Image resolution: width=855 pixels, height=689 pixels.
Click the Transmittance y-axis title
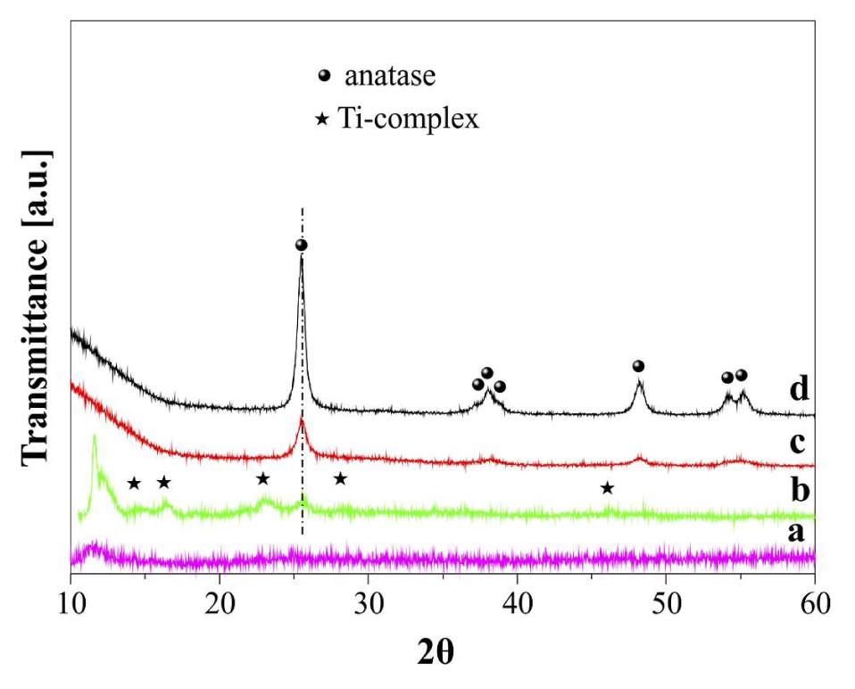[37, 306]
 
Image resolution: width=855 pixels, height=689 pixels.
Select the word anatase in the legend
[391, 76]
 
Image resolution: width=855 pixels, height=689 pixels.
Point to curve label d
[799, 390]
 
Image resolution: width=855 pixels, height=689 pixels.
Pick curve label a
[799, 534]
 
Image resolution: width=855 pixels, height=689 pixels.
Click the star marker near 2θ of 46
[607, 487]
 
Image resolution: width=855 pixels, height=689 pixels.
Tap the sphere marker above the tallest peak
[302, 245]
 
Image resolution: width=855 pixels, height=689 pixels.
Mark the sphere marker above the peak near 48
[638, 366]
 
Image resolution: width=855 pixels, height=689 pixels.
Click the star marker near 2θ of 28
[340, 478]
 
